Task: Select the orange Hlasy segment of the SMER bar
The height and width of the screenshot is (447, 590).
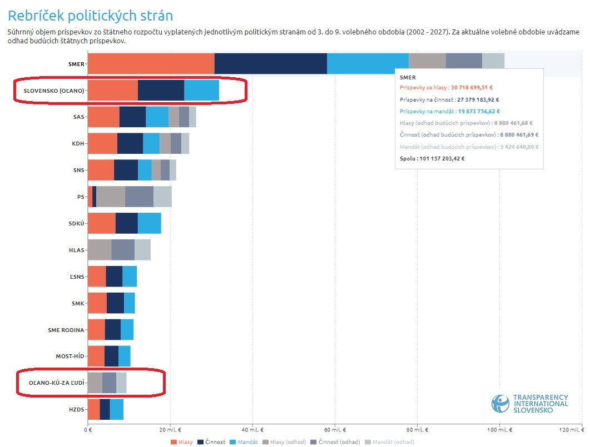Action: [x=151, y=64]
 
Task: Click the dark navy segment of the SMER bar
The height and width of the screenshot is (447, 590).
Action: [x=270, y=64]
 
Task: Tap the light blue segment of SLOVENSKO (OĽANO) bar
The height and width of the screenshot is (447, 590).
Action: [x=201, y=91]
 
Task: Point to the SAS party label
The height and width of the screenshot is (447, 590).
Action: [x=78, y=117]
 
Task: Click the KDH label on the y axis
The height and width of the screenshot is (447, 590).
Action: [x=78, y=143]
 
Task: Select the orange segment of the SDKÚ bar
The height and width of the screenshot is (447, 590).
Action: [x=101, y=223]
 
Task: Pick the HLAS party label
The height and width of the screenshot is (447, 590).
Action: [x=77, y=250]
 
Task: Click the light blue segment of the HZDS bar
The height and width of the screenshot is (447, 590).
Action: [x=116, y=409]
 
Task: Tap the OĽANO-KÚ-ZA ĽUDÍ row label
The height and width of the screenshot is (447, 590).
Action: [x=57, y=383]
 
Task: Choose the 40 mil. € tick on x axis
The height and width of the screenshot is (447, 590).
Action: [x=252, y=430]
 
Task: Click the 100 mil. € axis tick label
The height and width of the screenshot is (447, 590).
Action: [x=499, y=430]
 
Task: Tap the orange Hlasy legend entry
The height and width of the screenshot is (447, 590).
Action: [x=182, y=442]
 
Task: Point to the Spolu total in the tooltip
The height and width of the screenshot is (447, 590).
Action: [x=432, y=158]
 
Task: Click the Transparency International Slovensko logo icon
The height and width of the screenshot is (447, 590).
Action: [x=500, y=404]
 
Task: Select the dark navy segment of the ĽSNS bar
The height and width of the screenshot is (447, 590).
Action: [x=114, y=277]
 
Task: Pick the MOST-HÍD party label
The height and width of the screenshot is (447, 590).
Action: [x=70, y=356]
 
